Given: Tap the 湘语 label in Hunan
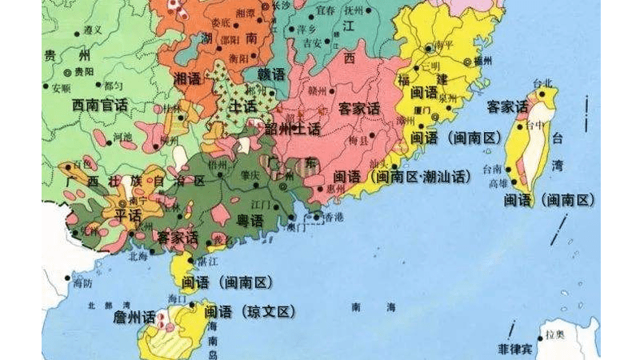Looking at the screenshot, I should click(187, 78).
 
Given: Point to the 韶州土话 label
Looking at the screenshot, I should click(292, 128).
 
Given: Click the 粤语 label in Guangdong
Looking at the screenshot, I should click(250, 220).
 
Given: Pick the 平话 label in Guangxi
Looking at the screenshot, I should click(127, 216).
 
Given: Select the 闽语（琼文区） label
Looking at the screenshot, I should click(250, 312).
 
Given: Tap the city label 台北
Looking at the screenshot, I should click(542, 83).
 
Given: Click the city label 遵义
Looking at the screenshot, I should click(92, 29).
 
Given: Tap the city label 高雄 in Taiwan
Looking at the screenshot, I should click(498, 182).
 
